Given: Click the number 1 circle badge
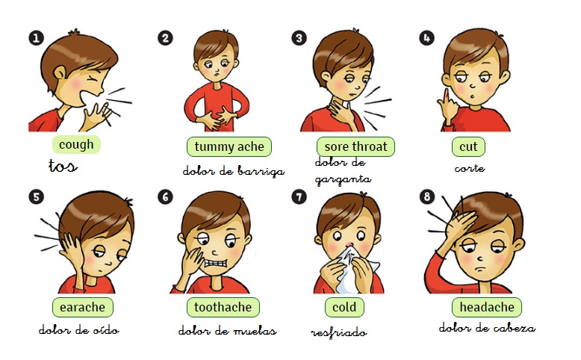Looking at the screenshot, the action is [x=36, y=38].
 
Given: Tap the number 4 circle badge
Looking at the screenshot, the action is [x=426, y=38].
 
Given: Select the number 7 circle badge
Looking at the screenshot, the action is [x=299, y=196].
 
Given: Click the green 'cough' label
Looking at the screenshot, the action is [x=76, y=145].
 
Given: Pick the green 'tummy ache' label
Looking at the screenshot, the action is [x=229, y=146].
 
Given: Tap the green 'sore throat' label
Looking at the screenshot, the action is [x=355, y=146].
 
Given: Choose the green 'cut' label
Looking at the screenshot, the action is [x=468, y=146].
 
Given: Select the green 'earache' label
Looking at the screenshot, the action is [x=83, y=307].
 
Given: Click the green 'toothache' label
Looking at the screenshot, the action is [x=223, y=307].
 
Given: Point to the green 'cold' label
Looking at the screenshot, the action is [x=344, y=307].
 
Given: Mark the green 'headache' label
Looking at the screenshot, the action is [x=487, y=307].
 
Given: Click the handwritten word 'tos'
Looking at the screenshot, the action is [x=63, y=166].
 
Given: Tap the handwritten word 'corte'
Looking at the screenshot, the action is [x=470, y=169].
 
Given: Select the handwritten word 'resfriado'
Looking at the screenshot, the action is [x=339, y=332].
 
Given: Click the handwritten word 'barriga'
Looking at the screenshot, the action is [x=261, y=171].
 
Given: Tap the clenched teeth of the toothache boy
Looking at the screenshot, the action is [x=216, y=263].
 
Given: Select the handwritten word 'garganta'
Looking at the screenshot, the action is [x=343, y=180].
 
